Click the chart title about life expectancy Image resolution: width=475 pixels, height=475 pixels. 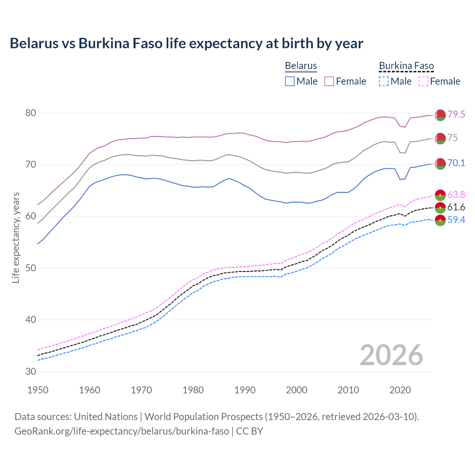(x=186, y=43)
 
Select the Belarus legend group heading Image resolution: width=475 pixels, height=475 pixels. (x=301, y=66)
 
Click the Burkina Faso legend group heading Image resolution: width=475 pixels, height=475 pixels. (x=406, y=66)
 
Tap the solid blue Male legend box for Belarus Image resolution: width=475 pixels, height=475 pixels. (x=290, y=81)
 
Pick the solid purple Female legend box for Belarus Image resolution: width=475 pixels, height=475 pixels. (x=329, y=81)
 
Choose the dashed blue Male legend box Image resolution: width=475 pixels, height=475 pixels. (x=384, y=81)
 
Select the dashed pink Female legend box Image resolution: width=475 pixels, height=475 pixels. (x=423, y=81)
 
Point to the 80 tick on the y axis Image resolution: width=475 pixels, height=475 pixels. (x=30, y=113)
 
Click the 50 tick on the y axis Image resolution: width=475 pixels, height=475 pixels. (x=30, y=268)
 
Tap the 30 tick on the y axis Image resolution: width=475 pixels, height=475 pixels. (x=30, y=371)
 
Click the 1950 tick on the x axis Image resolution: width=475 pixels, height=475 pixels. (x=38, y=390)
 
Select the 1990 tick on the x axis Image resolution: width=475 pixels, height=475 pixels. (x=245, y=390)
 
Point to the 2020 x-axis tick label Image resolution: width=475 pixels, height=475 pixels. (x=400, y=390)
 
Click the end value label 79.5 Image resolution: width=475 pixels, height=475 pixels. (x=456, y=114)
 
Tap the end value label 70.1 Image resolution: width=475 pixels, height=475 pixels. (x=456, y=163)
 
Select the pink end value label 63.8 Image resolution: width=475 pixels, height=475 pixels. (x=456, y=194)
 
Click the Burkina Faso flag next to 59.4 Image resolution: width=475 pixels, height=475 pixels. (x=440, y=220)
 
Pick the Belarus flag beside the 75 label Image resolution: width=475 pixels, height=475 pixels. (x=440, y=138)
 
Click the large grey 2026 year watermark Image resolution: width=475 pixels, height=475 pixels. (x=392, y=355)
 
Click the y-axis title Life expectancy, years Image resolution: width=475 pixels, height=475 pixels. (x=16, y=237)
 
